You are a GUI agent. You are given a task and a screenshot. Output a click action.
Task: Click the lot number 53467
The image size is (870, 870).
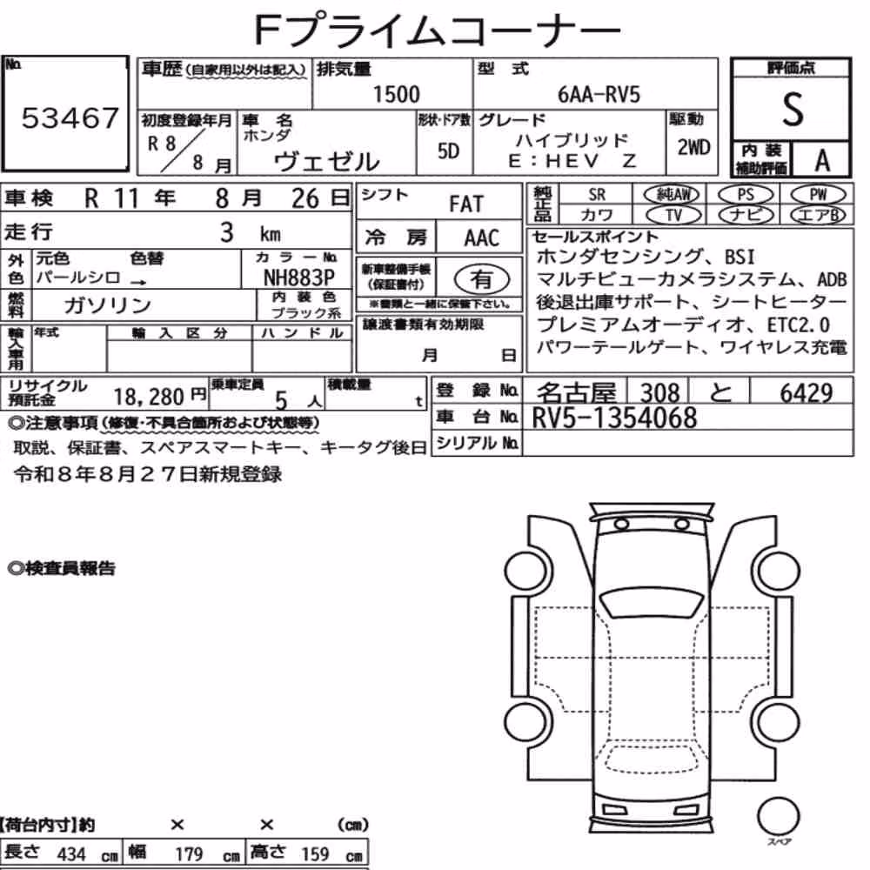pos(70,117)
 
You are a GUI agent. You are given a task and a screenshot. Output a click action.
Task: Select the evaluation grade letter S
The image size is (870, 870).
pos(793,109)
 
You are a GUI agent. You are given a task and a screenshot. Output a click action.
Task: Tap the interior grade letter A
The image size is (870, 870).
pos(822,161)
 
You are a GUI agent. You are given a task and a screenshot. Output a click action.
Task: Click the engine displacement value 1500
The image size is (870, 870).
pos(396,94)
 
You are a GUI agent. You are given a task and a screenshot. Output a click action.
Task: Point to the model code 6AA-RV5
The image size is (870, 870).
pos(599,94)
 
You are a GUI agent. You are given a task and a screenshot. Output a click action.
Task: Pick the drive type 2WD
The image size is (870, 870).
pos(693,147)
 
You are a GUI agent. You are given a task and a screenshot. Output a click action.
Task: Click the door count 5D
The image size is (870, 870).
pos(448,151)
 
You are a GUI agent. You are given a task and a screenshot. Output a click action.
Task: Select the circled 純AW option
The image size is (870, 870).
pos(672,194)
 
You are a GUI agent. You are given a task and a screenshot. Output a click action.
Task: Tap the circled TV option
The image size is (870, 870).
pos(673,215)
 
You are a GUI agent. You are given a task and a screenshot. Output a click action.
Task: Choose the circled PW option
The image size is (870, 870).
pos(818,194)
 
